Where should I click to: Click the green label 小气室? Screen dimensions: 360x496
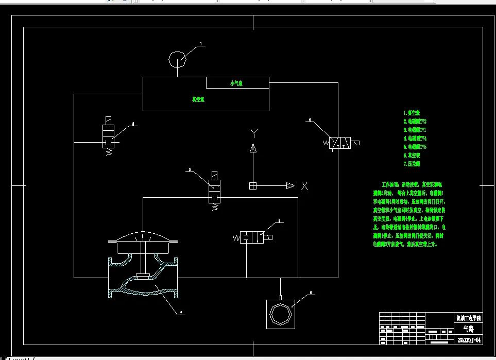236,83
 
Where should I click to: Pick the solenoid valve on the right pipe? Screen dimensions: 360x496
340,142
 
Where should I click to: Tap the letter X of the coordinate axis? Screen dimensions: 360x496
305,186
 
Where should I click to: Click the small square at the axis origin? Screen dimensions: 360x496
253,185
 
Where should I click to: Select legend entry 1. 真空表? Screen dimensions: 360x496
412,112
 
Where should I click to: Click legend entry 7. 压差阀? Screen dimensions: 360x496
412,164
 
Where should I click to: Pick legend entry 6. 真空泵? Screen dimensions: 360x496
412,155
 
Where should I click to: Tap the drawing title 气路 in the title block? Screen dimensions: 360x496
468,329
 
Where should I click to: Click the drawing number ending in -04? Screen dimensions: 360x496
469,340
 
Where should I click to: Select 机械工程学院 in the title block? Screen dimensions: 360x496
468,318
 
